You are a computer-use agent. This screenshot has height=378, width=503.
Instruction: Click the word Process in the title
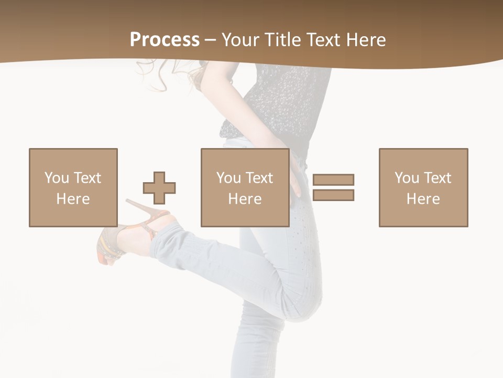pos(165,40)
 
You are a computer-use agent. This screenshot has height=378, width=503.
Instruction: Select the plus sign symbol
pos(159,188)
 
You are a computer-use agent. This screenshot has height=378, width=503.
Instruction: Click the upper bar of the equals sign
pos(333,180)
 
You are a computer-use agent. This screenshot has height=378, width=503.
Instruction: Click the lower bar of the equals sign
pos(333,195)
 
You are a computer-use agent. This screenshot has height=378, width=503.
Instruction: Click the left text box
pos(73,187)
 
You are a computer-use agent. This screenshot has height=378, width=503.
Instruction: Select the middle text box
pos(245,187)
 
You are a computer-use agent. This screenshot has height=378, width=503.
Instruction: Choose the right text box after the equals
pos(423,187)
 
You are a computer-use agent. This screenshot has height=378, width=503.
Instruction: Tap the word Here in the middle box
pos(245,199)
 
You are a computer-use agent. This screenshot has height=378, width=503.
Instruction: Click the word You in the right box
pos(407,178)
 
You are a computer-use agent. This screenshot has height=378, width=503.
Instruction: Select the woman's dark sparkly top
pos(286,100)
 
